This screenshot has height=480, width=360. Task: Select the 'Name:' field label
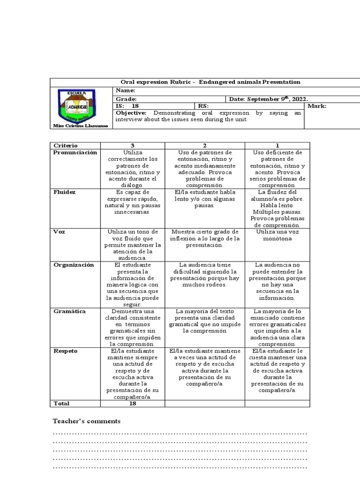tap(126, 90)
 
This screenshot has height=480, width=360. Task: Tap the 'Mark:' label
tap(317, 106)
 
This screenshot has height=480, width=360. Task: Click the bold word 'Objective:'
tap(131, 113)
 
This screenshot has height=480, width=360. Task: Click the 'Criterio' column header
tap(66, 146)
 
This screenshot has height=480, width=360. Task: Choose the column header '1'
tap(277, 146)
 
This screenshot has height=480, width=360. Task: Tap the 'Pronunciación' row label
tap(75, 153)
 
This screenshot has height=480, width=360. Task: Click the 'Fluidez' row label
tap(64, 192)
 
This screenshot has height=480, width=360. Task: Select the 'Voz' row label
tap(59, 232)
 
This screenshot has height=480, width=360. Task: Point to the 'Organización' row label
tap(74, 265)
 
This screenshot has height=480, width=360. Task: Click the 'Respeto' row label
tap(66, 351)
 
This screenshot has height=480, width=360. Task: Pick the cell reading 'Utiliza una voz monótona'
tap(277, 235)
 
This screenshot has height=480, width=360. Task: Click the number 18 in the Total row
tap(133, 404)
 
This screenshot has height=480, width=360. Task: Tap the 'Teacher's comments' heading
tap(87, 421)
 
